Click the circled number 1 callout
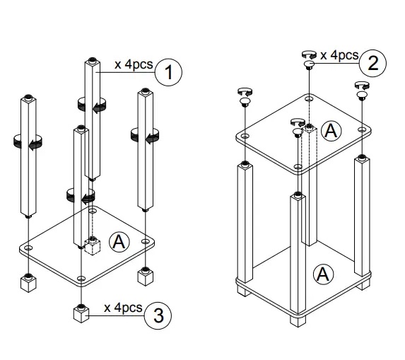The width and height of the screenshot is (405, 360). coord(168,71)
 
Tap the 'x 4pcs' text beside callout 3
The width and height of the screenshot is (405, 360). coord(123,308)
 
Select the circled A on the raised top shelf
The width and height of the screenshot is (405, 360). coord(329,129)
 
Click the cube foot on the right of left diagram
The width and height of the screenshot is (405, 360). coord(145,274)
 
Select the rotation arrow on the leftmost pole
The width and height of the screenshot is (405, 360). coord(25,144)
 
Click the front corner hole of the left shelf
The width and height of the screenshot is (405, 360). coord(83,279)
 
